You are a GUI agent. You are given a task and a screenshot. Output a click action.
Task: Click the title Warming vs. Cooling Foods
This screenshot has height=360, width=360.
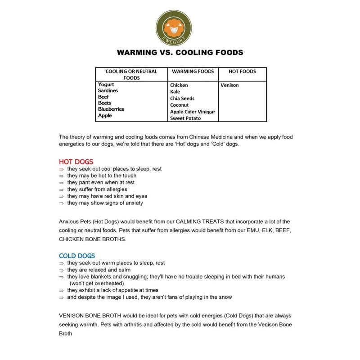[x=180, y=52]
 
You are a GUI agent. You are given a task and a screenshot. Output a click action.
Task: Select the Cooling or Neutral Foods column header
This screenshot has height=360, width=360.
[x=131, y=74]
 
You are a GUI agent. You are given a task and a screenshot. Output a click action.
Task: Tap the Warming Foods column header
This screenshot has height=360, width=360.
[x=193, y=71]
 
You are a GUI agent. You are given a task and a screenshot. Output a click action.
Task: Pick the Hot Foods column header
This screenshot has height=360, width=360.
[x=242, y=71]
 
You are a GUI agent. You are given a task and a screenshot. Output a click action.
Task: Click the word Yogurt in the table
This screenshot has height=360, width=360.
[x=106, y=85]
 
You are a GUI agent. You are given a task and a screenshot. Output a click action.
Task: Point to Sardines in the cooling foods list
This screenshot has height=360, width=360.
[x=108, y=91]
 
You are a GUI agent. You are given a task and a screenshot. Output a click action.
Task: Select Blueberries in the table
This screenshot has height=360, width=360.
[x=111, y=109]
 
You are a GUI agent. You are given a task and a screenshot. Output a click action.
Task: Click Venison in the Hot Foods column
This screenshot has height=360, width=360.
[x=229, y=85]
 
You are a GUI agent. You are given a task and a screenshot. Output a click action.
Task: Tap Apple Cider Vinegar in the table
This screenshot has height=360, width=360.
[x=193, y=112]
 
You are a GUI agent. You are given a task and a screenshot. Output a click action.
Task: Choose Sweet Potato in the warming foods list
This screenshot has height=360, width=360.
[x=185, y=118]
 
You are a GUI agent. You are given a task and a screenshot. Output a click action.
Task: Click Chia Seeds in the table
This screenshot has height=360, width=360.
[x=182, y=98]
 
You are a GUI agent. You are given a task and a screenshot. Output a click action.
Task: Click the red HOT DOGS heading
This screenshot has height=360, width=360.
[x=76, y=162]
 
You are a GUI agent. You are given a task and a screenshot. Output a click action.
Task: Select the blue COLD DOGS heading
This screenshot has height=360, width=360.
[x=77, y=256]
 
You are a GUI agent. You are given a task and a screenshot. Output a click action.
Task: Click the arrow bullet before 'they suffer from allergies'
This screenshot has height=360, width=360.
[x=62, y=190]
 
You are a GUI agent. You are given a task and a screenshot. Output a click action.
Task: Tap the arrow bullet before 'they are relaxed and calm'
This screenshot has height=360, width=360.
[x=62, y=270]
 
